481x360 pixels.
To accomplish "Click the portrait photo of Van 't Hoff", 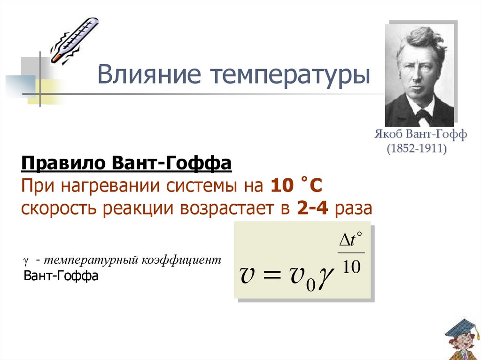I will point(419,75).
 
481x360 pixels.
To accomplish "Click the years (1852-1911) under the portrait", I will point(416,149).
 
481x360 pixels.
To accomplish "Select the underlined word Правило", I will point(62,165).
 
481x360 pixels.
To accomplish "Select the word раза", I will point(353,208).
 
